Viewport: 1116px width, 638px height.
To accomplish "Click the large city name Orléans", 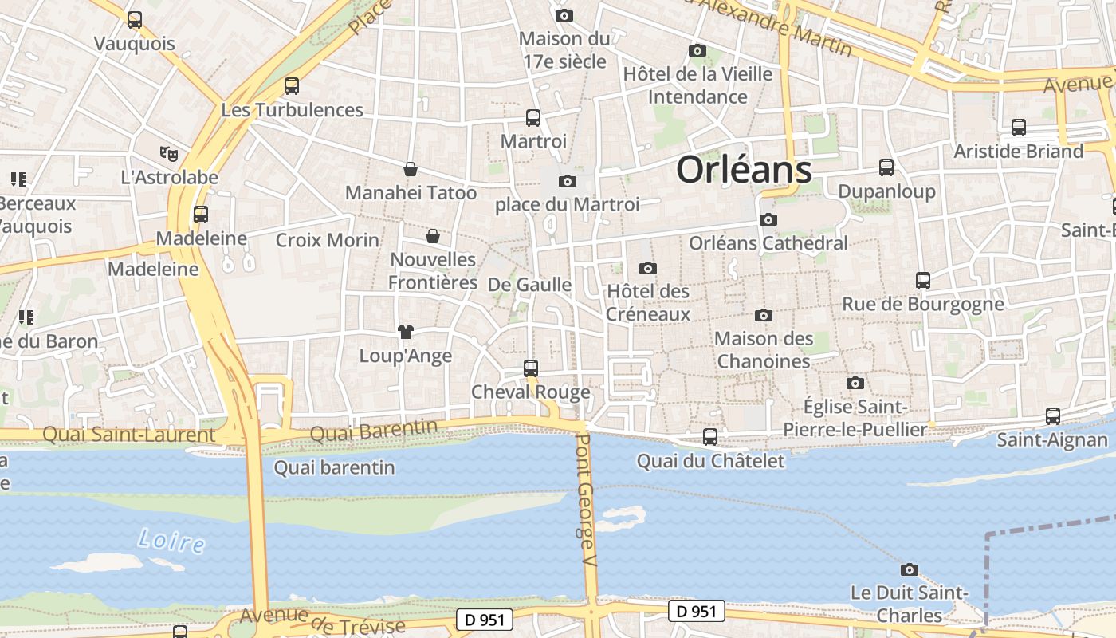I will coord(744,170).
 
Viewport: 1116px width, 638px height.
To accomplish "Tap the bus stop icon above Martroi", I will coord(533,118).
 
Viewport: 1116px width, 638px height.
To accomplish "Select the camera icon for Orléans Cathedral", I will coord(768,219).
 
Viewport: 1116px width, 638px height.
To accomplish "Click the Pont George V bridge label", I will coord(587,500).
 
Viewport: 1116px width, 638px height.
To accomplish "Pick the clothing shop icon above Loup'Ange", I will coord(406,331).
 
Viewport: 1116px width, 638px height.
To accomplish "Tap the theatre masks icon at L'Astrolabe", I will coord(168,152).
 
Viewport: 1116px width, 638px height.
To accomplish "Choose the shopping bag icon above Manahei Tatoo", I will coord(411,168).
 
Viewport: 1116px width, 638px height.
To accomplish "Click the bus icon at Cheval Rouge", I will coord(531,368).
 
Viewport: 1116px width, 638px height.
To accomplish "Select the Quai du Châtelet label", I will coord(710,461).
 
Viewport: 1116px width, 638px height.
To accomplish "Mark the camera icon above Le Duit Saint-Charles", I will coord(909,569).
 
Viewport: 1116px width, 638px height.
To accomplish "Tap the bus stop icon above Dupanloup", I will coord(886,167).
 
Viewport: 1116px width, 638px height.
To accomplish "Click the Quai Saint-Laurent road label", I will coord(129,435).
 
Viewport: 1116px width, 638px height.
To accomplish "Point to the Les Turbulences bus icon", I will coord(292,85).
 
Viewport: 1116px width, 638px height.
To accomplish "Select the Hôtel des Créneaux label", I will coord(648,302).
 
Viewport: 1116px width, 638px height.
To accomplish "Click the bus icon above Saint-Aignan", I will coord(1053,415).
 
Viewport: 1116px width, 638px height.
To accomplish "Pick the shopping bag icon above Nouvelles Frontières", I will coord(433,236).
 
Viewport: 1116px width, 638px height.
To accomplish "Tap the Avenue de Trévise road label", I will coord(322,620).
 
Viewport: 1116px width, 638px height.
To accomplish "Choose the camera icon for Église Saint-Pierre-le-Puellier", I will coord(855,383).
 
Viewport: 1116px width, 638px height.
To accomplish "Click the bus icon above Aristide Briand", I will coord(1019,127).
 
